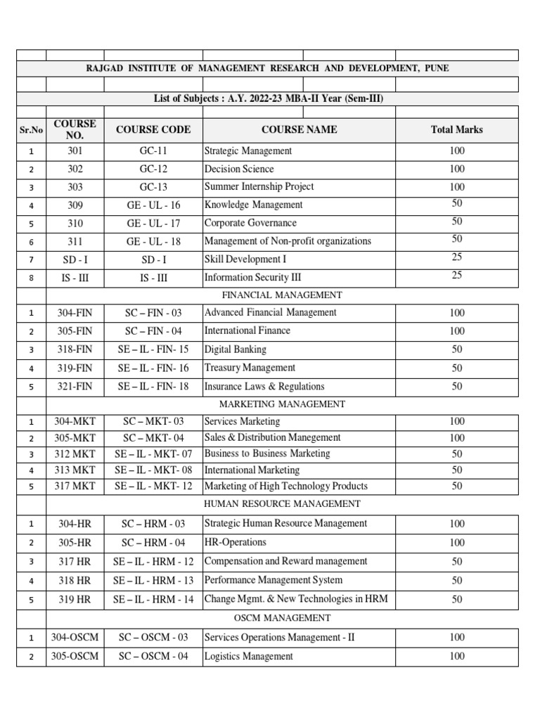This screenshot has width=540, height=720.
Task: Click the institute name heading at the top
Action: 266,68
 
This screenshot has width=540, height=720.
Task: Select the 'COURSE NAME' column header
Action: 299,129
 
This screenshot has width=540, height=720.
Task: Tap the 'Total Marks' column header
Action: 456,129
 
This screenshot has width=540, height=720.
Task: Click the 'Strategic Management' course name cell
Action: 247,150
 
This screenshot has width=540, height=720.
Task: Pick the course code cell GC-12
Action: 153,169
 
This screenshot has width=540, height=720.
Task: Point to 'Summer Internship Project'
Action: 259,186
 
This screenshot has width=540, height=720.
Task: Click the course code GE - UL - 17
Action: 153,223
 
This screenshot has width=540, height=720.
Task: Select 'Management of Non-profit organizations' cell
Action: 287,241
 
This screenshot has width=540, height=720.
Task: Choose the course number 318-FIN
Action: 75,349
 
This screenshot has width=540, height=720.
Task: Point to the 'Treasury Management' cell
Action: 250,368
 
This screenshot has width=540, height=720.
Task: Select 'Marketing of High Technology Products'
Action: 285,486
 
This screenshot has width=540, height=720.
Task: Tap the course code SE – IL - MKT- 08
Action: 153,470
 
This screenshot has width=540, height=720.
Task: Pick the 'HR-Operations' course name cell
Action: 235,542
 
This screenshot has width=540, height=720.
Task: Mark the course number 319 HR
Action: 75,599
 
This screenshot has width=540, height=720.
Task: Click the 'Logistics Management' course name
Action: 248,656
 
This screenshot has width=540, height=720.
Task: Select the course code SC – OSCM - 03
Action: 153,637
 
